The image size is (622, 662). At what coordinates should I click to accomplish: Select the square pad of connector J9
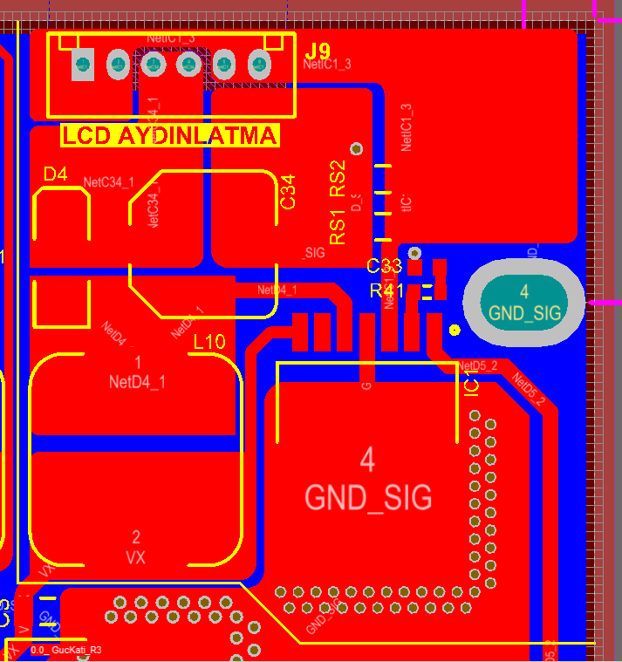[x=83, y=65]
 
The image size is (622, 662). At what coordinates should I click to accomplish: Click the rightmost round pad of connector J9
[x=259, y=64]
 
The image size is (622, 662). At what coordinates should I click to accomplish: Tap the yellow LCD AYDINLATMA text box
[x=170, y=136]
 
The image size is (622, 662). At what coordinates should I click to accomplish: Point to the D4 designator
[x=55, y=174]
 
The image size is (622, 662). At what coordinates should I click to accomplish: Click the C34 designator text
[x=288, y=192]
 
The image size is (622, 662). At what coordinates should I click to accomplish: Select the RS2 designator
[x=338, y=177]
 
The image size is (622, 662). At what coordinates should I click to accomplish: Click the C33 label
[x=384, y=266]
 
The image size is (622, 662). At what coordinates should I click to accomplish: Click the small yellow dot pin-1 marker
[x=454, y=330]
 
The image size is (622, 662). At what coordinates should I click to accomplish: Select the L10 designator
[x=208, y=342]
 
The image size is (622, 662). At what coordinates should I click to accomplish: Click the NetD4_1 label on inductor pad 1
[x=137, y=381]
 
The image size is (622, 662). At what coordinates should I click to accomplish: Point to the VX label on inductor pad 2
[x=135, y=556]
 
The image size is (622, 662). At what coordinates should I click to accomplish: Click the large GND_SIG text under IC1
[x=368, y=497]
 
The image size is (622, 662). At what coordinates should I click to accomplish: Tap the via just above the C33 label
[x=414, y=252]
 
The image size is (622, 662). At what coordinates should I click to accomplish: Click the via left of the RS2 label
[x=355, y=149]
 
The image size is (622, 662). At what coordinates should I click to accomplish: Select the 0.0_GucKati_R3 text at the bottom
[x=65, y=650]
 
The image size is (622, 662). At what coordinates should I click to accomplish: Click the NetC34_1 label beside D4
[x=109, y=182]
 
